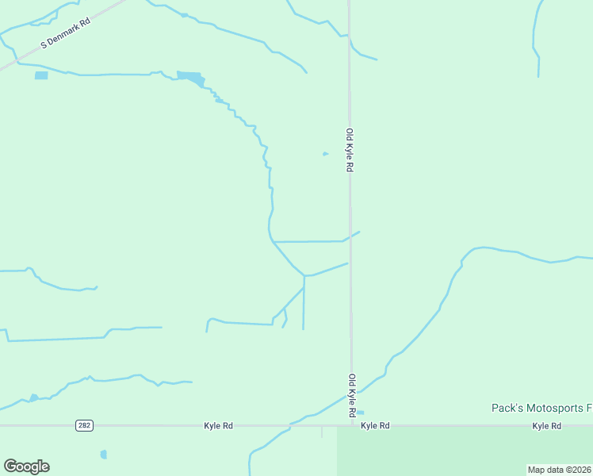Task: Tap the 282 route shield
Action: pos(85,426)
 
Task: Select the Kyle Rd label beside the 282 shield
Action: pos(218,426)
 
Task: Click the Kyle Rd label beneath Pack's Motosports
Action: pos(547,426)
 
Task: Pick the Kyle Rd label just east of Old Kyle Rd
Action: pos(375,426)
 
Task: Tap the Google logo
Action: pos(26,466)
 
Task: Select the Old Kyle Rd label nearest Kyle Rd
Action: pos(350,396)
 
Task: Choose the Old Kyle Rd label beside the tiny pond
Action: pos(349,151)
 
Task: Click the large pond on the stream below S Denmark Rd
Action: pos(191,77)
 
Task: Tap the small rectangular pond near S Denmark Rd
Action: pos(41,75)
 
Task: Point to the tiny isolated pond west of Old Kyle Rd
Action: pos(325,154)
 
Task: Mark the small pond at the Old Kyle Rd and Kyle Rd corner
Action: pos(361,413)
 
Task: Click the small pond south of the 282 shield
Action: pos(103,455)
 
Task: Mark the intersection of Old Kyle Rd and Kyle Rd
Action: pos(351,426)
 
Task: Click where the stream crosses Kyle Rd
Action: pos(290,426)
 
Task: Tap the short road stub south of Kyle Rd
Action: pos(322,432)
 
